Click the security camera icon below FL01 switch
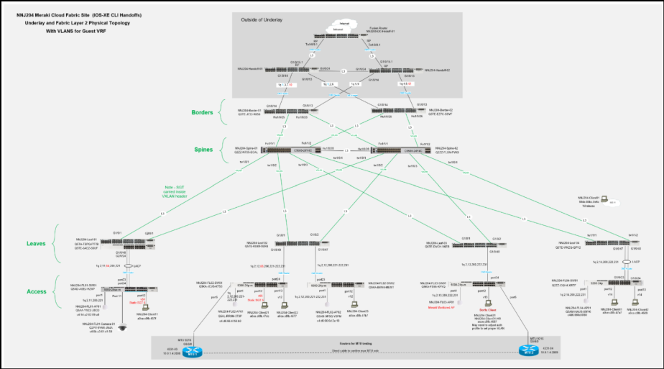pyautogui.click(x=122, y=327)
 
